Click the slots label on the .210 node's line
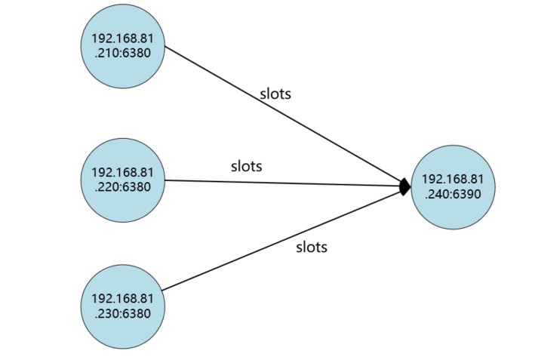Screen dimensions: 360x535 275,94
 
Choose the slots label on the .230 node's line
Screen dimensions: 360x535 311,247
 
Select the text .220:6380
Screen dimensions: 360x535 123,186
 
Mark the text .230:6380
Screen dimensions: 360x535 123,314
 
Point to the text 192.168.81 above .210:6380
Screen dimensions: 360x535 123,38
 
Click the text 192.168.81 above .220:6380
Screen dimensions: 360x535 123,173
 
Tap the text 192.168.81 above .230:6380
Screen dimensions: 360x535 123,300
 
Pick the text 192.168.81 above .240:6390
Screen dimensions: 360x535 453,179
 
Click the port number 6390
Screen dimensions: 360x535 468,192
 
